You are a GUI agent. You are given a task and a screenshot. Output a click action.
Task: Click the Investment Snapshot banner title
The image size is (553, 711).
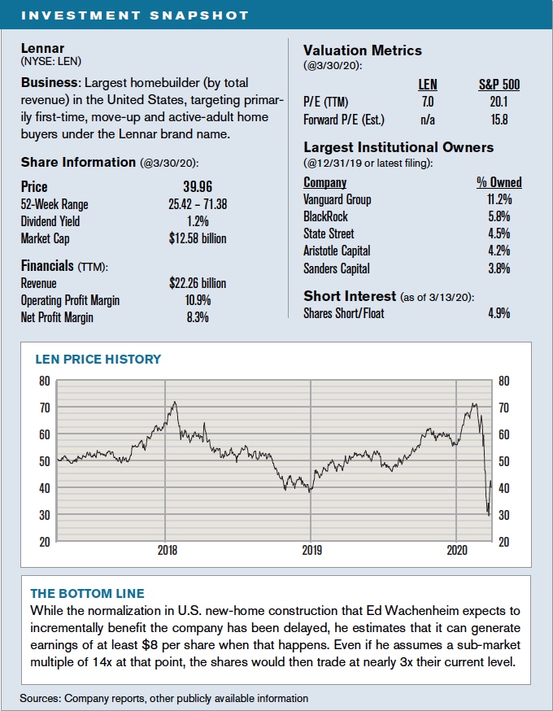133,15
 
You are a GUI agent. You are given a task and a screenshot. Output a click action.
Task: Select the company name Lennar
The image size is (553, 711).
42,48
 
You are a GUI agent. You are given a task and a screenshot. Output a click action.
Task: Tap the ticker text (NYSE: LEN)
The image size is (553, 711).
50,61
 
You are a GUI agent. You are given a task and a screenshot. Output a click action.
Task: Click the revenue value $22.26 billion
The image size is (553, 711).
193,283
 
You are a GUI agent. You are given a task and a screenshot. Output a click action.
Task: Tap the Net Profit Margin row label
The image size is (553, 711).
57,317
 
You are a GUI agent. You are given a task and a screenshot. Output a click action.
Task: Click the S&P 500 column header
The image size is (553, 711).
499,84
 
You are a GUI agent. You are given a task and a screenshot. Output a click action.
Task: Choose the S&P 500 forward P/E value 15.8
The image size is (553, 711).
499,120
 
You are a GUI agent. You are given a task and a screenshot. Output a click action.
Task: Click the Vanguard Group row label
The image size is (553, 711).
337,199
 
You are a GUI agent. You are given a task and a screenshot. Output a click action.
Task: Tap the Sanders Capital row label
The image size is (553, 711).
336,268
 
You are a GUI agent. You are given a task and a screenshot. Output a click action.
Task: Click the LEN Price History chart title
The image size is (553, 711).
98,359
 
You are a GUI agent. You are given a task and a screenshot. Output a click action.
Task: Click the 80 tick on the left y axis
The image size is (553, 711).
44,381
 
